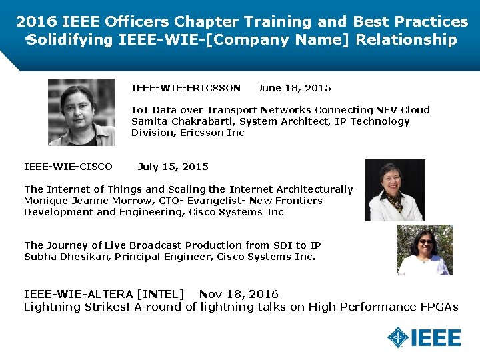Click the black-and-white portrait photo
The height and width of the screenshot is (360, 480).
click(81, 112)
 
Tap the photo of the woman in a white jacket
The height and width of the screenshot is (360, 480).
click(395, 190)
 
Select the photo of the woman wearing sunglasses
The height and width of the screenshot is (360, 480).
click(425, 249)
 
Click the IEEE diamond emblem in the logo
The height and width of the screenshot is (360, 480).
click(399, 338)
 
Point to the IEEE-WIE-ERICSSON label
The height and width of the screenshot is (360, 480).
click(186, 88)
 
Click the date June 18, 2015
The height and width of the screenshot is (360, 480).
click(294, 88)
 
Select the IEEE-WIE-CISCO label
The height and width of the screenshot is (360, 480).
click(68, 167)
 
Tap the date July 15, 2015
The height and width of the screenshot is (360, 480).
click(173, 167)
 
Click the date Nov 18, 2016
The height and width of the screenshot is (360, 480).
click(239, 294)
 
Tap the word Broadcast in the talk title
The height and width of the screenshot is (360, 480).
click(158, 245)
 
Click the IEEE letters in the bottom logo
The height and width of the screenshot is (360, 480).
click(436, 338)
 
